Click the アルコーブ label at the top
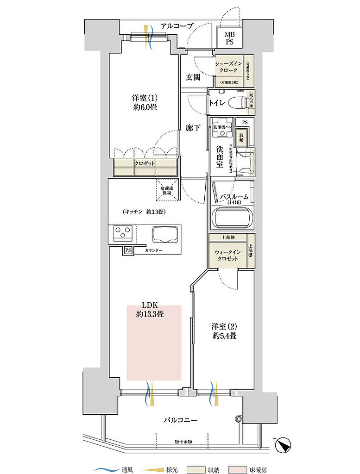pos(177,26)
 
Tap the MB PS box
pos(229,38)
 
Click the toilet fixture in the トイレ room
pos(236,103)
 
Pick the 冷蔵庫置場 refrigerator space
pos(167,190)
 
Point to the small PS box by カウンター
pos(127,251)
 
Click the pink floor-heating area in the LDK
pos(154,343)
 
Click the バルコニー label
pos(180,420)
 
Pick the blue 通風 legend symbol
pos(105,469)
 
